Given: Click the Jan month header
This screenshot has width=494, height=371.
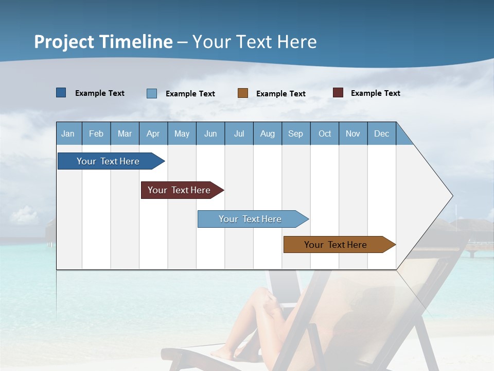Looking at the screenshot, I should pos(68,133).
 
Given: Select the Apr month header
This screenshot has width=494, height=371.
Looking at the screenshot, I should pos(153,133).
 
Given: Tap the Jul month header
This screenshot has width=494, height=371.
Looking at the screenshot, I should pos(239,133).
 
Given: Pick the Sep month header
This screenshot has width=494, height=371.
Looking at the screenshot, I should pos(295,133).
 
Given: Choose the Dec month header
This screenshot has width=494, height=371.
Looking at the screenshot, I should pos(381,133).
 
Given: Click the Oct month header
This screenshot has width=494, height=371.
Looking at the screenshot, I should pos(325,133).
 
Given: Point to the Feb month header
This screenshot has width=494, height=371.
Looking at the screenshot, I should pos(96,133).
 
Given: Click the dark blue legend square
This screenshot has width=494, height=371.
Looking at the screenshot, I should pos(61,93).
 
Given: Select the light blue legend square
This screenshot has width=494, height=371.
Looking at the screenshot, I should pos(152,93).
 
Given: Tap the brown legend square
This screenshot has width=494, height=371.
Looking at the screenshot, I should pos(243,93).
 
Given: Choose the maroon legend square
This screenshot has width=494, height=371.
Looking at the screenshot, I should pos(338,93).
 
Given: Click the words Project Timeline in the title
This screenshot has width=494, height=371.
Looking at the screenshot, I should pos(103,42).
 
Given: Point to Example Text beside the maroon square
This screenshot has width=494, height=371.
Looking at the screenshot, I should pos(375,93).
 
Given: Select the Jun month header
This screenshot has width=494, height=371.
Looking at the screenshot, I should pos(210,133).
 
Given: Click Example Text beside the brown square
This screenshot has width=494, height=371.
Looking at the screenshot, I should pos(280,94).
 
